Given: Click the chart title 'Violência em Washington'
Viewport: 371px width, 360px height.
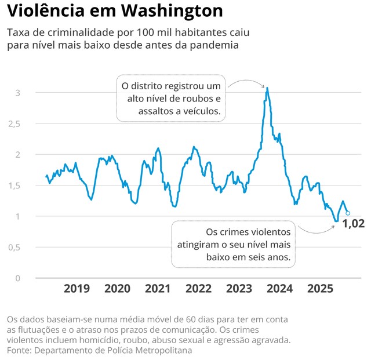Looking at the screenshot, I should point(115,11).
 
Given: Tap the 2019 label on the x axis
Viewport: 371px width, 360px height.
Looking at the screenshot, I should point(77,289).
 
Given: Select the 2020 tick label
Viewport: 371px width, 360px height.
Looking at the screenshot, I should point(117,289).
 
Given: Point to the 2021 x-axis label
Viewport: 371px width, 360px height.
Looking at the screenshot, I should point(158,289).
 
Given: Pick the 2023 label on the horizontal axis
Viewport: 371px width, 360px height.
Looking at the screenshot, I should point(239,289).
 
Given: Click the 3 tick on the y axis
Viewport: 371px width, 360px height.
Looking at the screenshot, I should point(18,93).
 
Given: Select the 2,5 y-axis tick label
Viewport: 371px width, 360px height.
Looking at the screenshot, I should point(14,123).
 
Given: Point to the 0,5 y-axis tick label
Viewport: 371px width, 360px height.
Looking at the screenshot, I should point(14,247).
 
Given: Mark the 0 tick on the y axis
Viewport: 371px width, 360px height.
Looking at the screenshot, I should point(18,278).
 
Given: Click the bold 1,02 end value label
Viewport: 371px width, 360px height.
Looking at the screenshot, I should point(353,224).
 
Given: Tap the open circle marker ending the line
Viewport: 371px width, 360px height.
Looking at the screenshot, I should point(348,213).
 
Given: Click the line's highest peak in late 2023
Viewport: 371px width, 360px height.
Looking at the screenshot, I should point(267,88).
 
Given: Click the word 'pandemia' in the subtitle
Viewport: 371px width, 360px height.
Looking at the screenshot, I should point(217,45).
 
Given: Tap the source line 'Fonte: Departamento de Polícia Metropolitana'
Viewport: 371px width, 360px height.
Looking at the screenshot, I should point(99,350).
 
